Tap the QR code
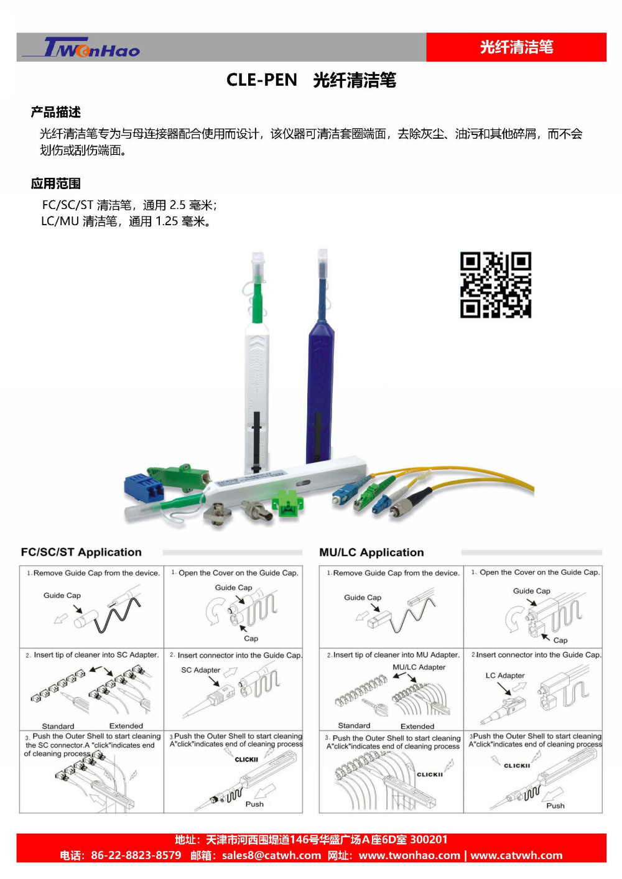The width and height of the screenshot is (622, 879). tap(496, 284)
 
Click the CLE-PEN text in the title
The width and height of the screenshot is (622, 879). tap(262, 80)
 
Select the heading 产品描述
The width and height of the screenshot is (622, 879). tap(56, 112)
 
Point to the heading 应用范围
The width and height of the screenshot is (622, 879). tap(56, 184)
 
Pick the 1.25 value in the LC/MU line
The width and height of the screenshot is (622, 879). tap(167, 221)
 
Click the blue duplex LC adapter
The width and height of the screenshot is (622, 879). tap(144, 488)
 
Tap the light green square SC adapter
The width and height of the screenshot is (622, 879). tap(287, 503)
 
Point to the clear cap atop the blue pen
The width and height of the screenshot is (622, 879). tap(322, 263)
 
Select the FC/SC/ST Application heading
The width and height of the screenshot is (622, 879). tap(81, 552)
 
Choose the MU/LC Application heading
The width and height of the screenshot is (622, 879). tap(371, 552)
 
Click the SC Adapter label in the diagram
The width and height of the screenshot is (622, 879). tap(200, 670)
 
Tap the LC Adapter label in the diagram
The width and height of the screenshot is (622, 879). tap(504, 676)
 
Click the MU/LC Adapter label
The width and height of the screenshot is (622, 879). tap(419, 667)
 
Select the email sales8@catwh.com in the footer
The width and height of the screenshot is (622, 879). tap(271, 855)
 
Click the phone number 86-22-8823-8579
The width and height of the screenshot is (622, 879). tap(136, 855)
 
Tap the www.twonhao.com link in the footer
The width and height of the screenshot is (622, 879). tap(409, 855)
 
